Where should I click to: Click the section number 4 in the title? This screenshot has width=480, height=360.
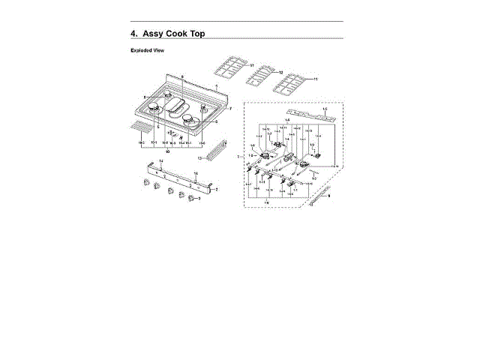(x=133, y=34)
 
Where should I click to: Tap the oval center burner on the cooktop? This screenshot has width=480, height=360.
(x=179, y=108)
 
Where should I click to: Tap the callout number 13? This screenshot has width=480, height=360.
(x=200, y=158)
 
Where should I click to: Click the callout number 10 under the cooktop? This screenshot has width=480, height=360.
(x=167, y=151)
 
